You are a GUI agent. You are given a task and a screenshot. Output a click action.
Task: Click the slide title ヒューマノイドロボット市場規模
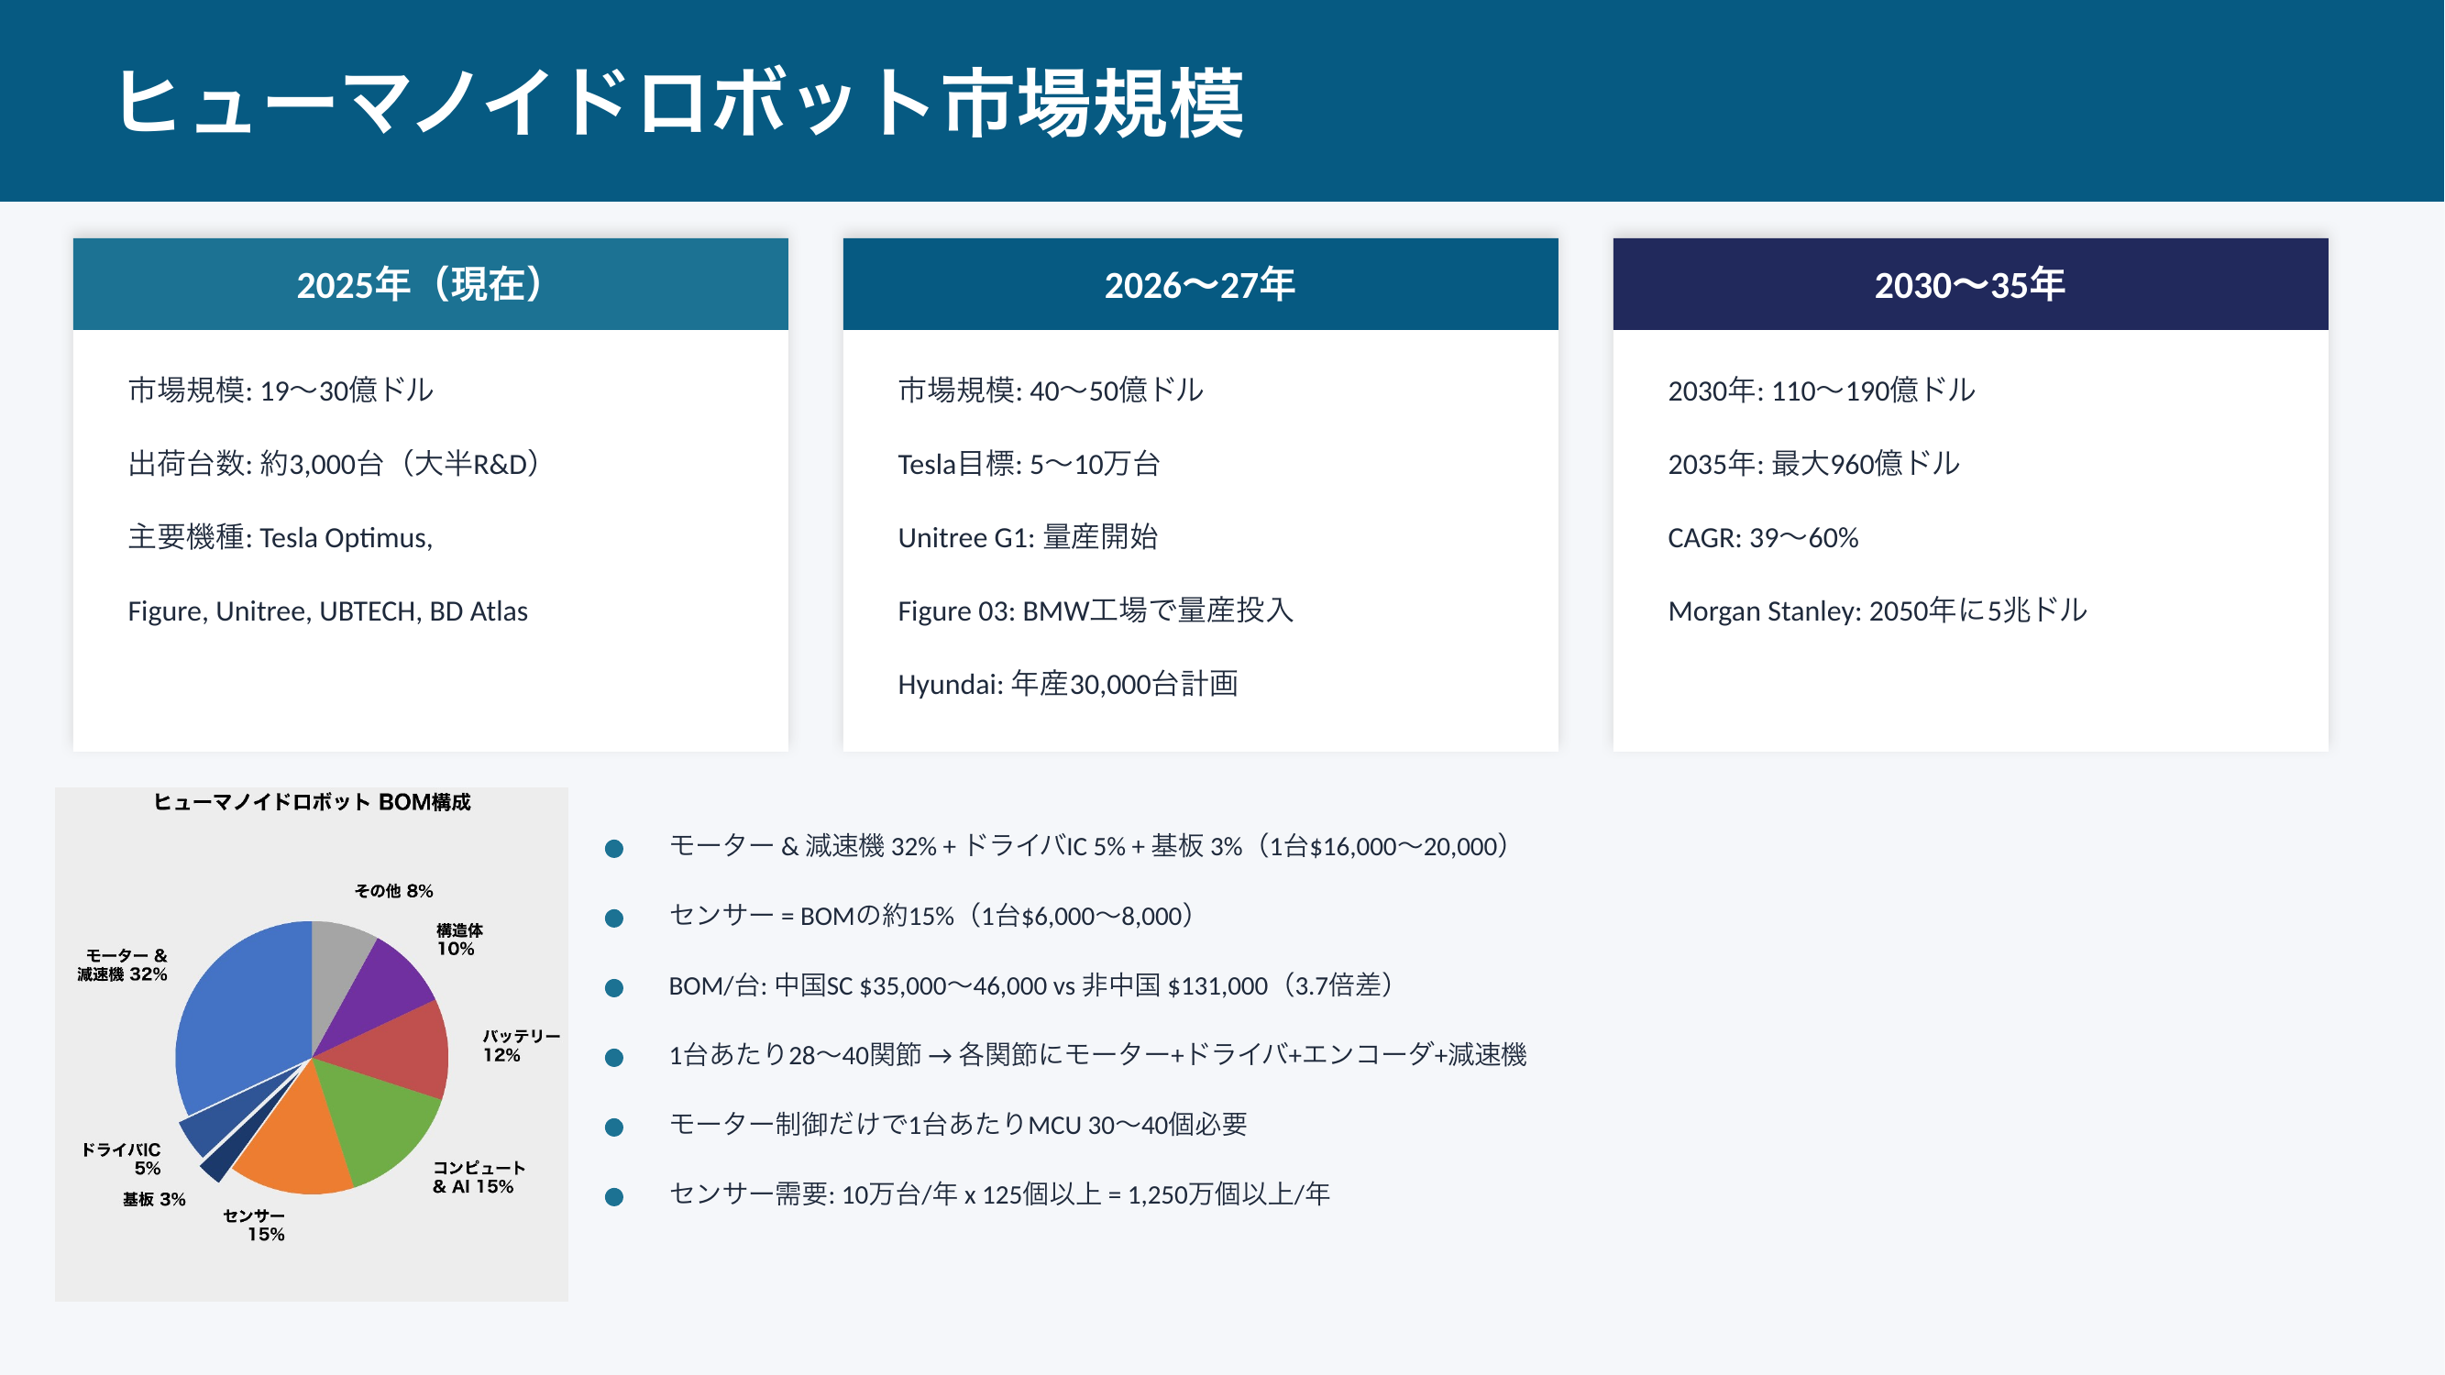[678, 103]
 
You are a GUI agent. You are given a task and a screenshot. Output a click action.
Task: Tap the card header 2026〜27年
[1200, 284]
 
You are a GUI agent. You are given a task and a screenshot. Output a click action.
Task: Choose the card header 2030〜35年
[1970, 284]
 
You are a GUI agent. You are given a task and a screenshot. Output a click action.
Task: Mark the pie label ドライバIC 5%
[122, 1159]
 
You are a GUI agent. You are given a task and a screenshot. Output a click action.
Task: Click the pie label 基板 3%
[154, 1199]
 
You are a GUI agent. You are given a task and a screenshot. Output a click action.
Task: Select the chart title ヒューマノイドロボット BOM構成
[312, 803]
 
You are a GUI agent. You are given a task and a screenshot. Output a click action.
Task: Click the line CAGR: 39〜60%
[1763, 538]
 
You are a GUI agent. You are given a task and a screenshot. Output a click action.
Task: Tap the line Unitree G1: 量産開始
[1028, 538]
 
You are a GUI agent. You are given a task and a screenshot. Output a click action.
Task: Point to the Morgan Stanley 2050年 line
[1878, 611]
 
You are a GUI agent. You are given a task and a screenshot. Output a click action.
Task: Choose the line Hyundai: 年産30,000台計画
[1068, 684]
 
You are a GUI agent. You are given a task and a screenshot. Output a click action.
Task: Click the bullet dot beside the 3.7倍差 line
[614, 988]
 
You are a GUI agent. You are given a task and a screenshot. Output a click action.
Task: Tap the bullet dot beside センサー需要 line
[614, 1196]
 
